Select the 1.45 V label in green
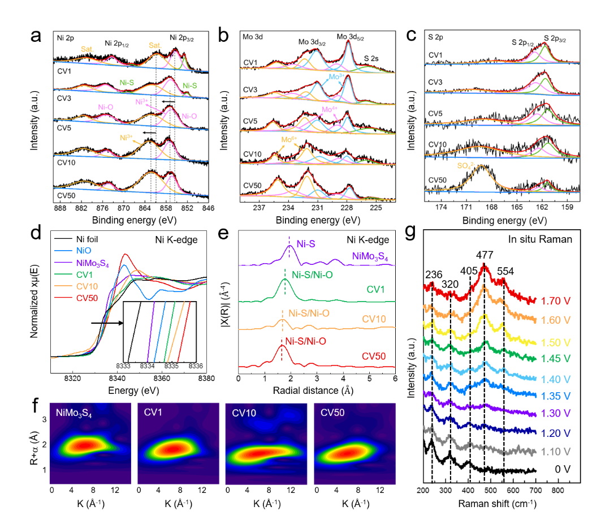(556, 358)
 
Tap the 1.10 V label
(556, 452)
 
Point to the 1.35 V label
(556, 395)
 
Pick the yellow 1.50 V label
(556, 342)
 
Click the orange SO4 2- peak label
(466, 166)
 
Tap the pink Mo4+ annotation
(330, 109)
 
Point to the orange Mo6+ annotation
(289, 139)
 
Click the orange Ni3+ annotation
(126, 137)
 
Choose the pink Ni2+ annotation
(141, 102)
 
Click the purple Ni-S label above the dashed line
(306, 244)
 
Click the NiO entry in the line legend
(83, 250)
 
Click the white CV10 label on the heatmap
(245, 413)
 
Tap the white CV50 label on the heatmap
(332, 413)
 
